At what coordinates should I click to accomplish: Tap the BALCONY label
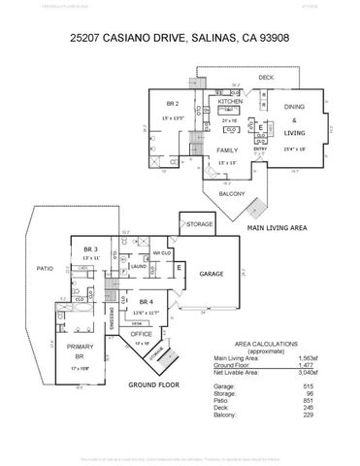[x=231, y=193]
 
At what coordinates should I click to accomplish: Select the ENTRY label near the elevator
[x=260, y=149]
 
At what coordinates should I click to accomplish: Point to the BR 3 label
[x=91, y=250]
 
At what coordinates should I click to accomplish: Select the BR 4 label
[x=144, y=302]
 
